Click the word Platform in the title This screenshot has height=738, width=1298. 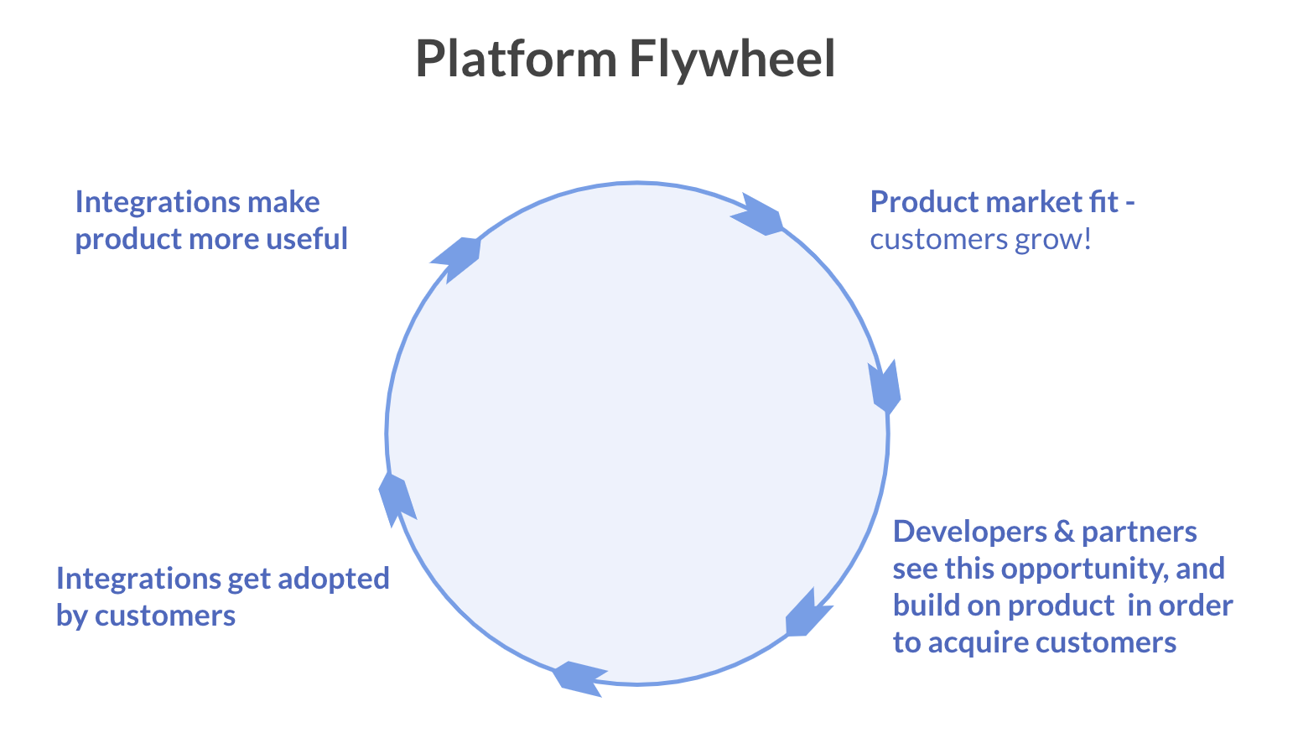click(x=516, y=59)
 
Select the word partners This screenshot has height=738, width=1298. click(x=1139, y=532)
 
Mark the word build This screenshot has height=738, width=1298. click(x=921, y=605)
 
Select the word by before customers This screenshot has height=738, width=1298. click(x=72, y=616)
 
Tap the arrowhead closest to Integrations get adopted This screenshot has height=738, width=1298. click(x=397, y=499)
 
